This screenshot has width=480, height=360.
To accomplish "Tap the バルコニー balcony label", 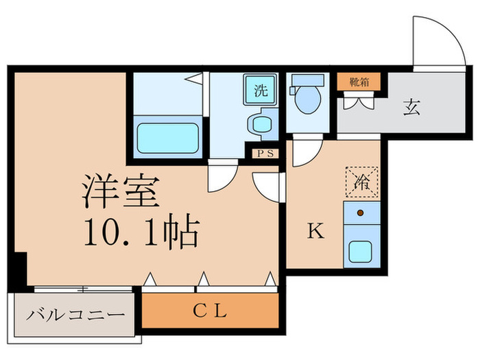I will [x=76, y=315].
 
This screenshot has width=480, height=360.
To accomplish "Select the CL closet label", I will [x=209, y=313].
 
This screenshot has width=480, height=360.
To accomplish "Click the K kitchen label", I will [x=313, y=231].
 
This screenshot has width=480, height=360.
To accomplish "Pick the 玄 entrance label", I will [x=411, y=107].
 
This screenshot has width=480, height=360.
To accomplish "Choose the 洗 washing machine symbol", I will [x=261, y=91].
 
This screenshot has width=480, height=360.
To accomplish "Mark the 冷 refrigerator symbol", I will [x=361, y=182].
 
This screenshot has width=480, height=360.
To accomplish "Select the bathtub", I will [x=167, y=139].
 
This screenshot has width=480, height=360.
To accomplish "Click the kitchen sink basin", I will [x=361, y=250].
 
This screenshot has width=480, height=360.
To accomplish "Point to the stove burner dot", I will [x=359, y=213].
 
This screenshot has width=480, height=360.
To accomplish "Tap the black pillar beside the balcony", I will [x=19, y=270].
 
